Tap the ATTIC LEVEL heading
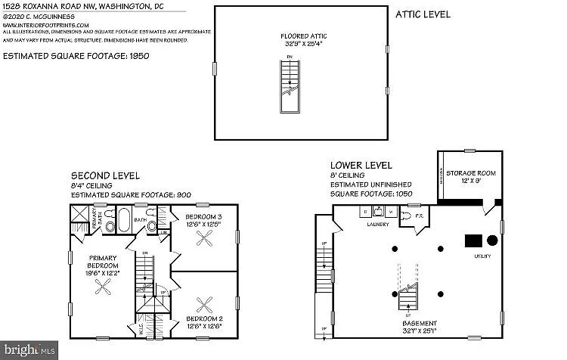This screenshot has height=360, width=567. (423, 14)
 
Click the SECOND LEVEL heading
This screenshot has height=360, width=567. (105, 175)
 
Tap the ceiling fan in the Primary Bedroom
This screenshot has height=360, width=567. (108, 287)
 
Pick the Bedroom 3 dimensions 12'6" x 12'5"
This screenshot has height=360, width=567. (203, 224)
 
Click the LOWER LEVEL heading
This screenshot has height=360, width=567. (361, 165)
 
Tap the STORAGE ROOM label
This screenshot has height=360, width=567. (470, 173)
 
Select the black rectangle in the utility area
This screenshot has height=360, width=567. (473, 240)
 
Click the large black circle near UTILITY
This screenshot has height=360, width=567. (492, 240)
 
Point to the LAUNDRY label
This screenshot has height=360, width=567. (378, 224)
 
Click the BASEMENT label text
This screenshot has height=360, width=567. (420, 323)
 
